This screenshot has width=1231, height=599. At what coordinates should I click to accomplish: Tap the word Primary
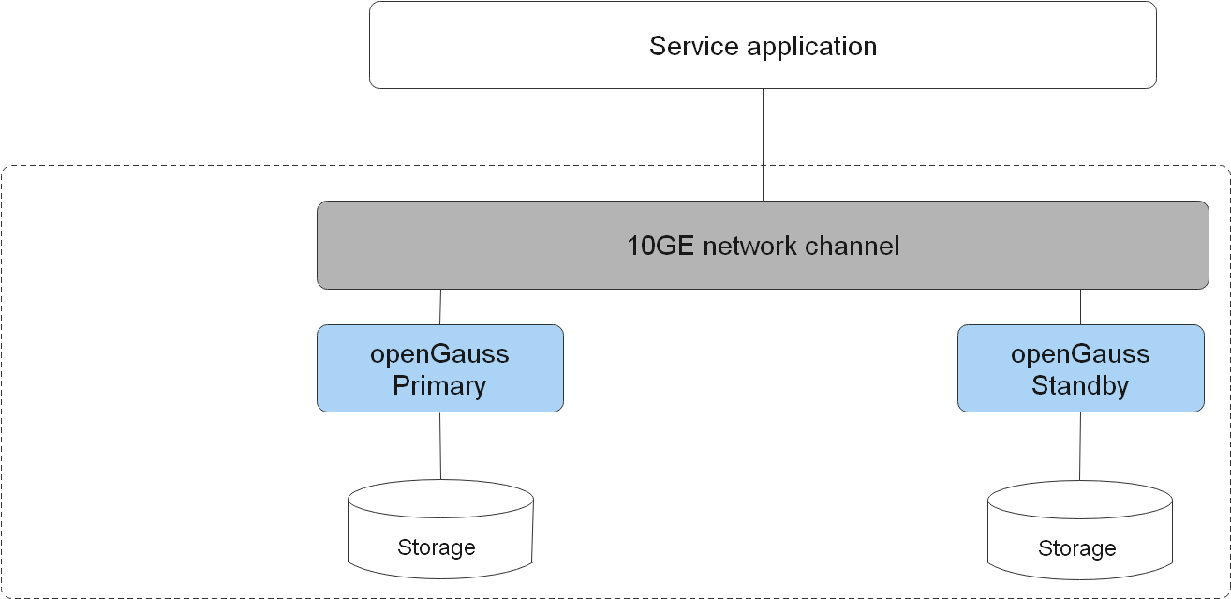click(x=439, y=385)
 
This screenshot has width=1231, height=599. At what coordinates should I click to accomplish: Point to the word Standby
click(x=1080, y=385)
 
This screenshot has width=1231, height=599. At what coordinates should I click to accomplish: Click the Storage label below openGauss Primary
click(x=437, y=547)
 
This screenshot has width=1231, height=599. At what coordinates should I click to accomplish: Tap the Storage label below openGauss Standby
click(x=1077, y=547)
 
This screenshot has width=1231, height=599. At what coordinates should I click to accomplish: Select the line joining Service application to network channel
click(x=764, y=144)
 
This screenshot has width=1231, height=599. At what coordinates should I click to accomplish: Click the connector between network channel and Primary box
click(x=440, y=307)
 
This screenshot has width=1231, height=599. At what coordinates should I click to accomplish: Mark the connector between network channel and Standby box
click(x=1081, y=307)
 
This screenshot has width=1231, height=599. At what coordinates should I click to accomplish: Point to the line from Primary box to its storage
click(x=440, y=445)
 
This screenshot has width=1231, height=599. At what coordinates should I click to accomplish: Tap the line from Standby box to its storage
click(x=1080, y=447)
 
